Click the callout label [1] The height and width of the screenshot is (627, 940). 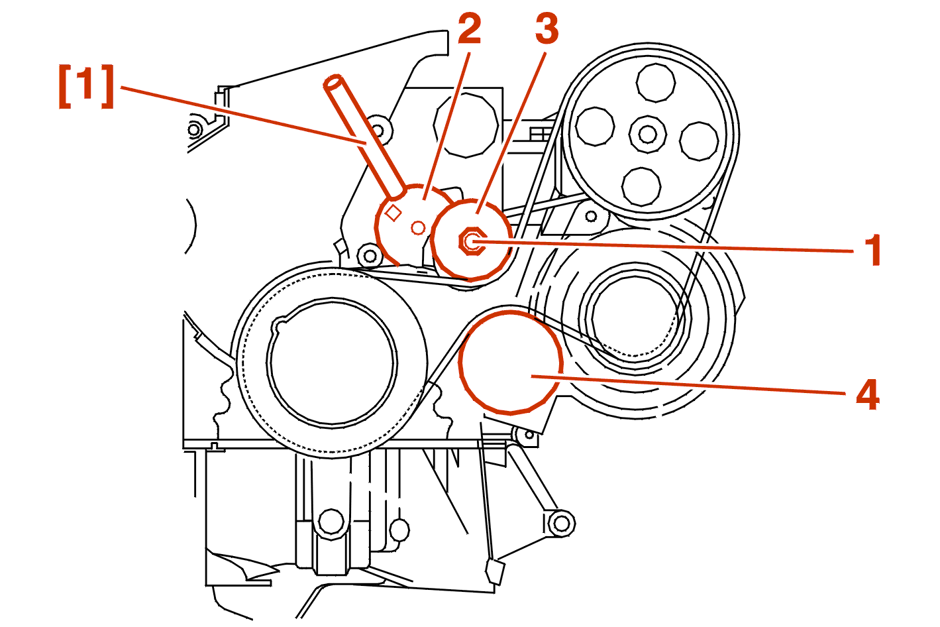(86, 85)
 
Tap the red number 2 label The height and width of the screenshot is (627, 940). (469, 30)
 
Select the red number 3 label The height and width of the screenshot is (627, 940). (547, 30)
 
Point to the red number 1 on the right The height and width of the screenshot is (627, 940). (874, 251)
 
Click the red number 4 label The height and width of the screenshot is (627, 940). (868, 394)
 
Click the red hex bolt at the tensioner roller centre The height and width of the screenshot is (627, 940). (472, 241)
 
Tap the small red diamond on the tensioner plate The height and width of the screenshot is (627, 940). (393, 213)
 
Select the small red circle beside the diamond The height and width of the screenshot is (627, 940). (418, 228)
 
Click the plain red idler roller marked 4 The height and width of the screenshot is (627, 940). (510, 363)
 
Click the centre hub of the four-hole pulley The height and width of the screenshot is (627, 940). (647, 134)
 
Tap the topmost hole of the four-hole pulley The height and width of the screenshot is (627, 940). (655, 84)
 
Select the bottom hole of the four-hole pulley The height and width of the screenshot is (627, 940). (641, 186)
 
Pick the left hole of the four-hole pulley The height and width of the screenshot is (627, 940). (595, 126)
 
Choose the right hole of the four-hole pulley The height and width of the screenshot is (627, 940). (700, 141)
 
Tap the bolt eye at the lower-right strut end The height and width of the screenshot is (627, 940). (561, 523)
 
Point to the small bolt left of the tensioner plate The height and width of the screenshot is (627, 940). (369, 255)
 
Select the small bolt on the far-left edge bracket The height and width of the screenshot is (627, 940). (194, 129)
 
